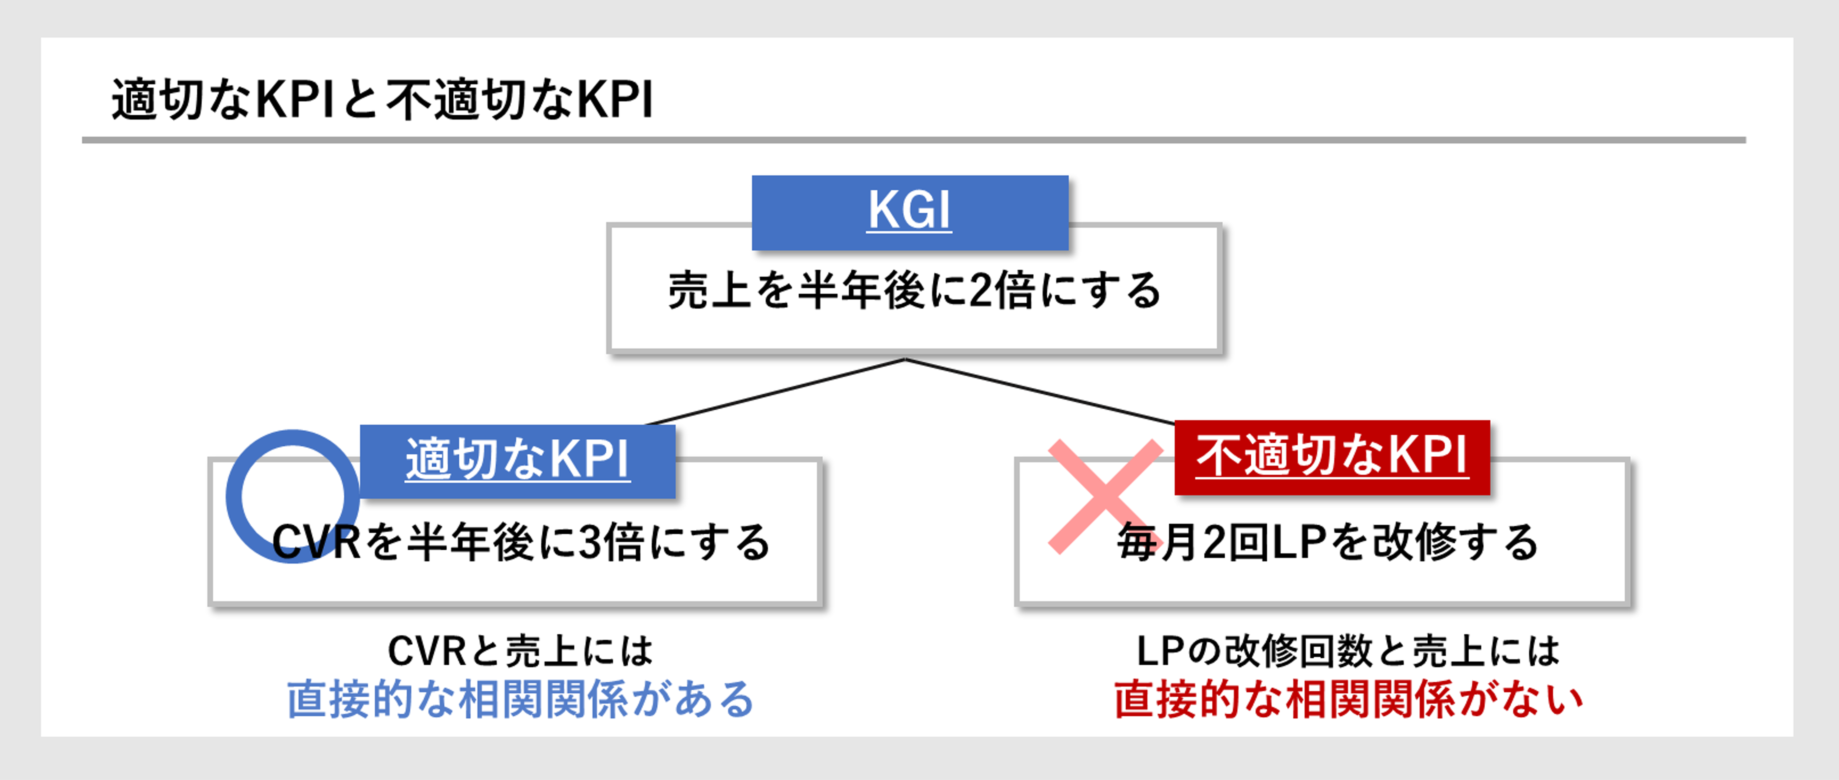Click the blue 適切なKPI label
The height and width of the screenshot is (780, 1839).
click(x=517, y=460)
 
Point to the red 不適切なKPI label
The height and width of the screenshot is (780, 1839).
click(x=1332, y=457)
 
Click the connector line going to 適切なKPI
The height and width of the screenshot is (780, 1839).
click(x=776, y=392)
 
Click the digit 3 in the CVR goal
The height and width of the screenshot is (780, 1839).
click(x=590, y=542)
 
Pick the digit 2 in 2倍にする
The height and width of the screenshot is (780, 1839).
click(x=983, y=290)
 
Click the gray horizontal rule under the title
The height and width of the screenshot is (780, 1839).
click(x=914, y=140)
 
